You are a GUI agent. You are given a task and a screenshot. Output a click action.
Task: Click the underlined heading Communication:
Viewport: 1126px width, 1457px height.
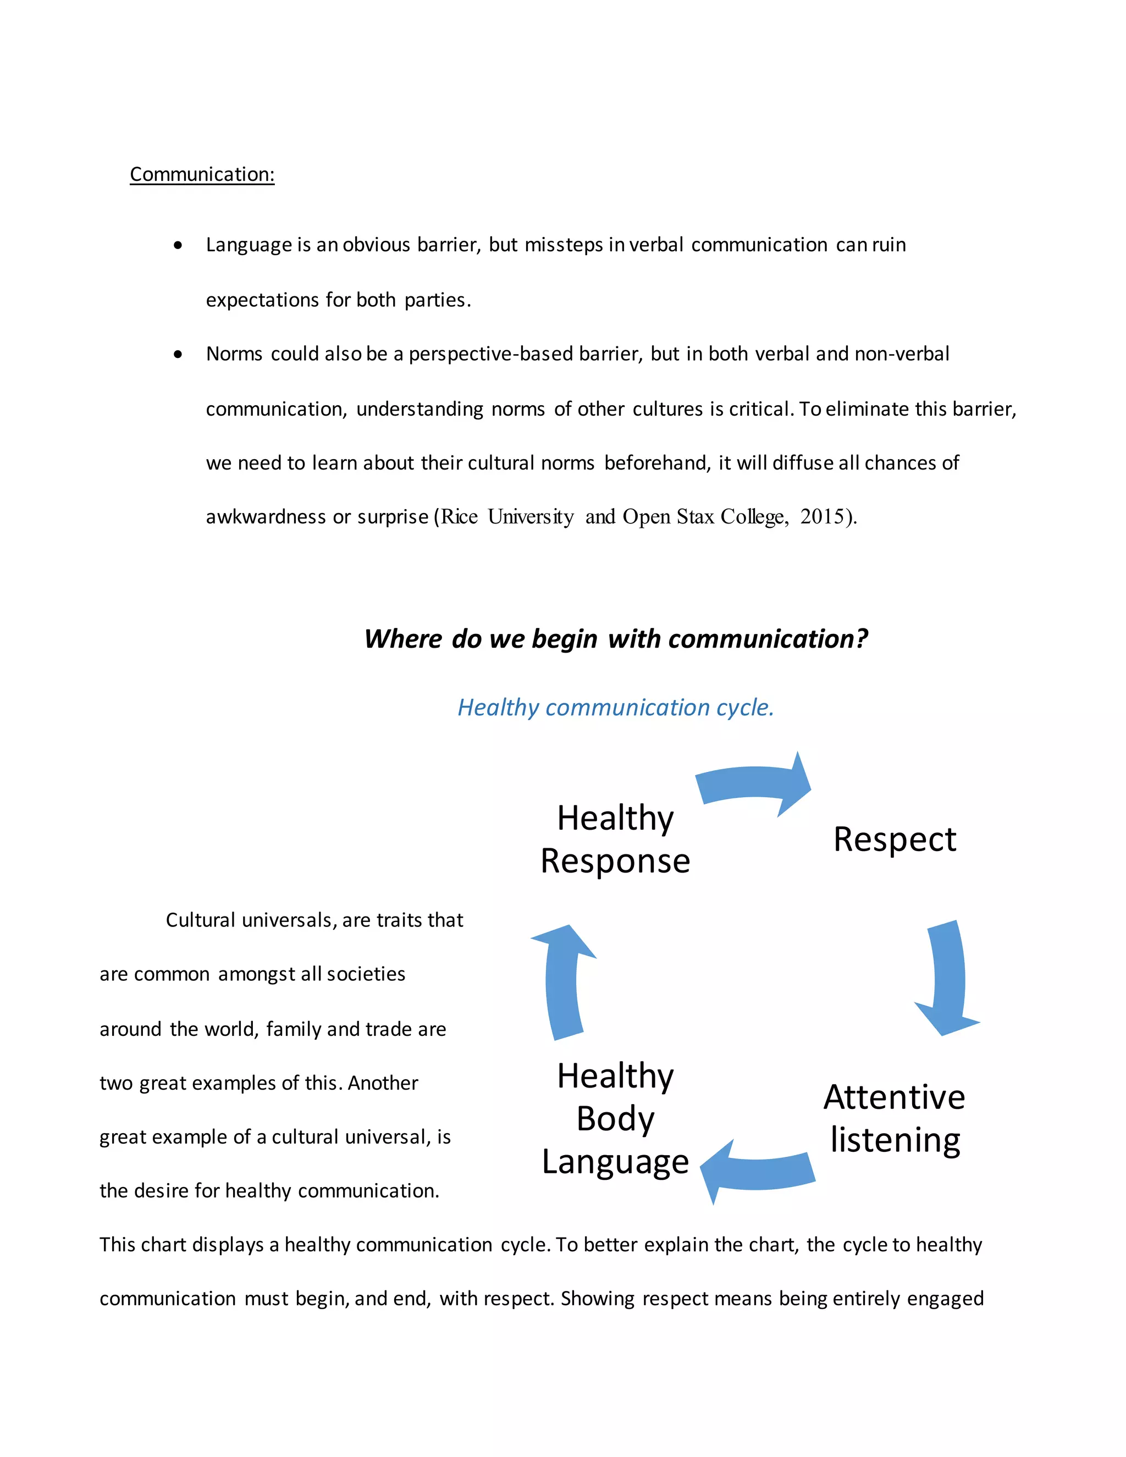point(202,174)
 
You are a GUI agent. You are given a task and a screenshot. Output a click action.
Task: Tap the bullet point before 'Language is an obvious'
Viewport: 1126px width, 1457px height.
point(178,246)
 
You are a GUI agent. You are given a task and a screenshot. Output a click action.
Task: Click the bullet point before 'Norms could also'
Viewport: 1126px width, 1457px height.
point(178,354)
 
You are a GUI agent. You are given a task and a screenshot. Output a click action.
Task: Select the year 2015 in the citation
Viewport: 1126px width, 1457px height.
point(822,517)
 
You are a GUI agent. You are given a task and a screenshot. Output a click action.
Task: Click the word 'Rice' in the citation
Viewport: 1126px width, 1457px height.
point(460,517)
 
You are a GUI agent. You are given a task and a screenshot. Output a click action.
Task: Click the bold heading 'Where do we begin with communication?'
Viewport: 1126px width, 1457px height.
point(616,639)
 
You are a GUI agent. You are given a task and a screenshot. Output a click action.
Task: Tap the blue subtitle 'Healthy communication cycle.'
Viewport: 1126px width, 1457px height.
point(616,707)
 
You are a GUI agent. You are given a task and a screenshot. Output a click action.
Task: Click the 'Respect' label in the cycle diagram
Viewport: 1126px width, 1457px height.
point(895,839)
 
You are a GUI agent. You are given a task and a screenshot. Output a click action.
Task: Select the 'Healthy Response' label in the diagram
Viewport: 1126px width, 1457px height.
point(615,839)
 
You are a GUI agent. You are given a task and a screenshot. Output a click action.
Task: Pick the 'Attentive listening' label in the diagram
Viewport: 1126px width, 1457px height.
point(895,1118)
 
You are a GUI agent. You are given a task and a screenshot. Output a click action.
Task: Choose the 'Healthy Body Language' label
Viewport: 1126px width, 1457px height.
point(615,1118)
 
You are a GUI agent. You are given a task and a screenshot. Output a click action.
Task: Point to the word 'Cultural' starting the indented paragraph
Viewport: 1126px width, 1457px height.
point(200,920)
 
